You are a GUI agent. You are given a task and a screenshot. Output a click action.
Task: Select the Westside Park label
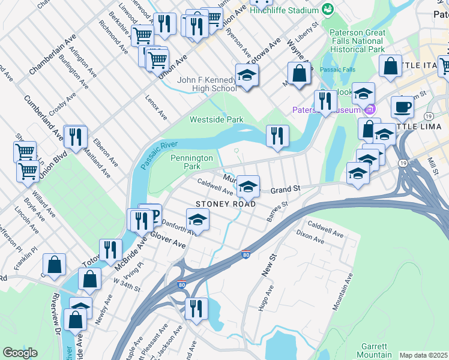tap(217, 119)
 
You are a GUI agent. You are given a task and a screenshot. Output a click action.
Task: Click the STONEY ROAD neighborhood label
tap(226, 204)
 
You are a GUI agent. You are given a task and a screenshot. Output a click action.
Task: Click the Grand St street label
tap(285, 190)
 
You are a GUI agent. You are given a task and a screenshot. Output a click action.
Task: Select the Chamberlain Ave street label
tap(53, 54)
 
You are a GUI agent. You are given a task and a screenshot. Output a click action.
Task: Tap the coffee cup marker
tap(402, 107)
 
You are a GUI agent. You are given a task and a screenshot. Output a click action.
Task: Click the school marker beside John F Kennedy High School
tap(247, 75)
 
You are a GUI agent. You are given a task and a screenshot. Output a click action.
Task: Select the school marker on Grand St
tap(247, 187)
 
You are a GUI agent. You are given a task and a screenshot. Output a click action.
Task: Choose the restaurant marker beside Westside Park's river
tap(277, 136)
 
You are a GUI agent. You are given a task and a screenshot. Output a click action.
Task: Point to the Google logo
tap(20, 353)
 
